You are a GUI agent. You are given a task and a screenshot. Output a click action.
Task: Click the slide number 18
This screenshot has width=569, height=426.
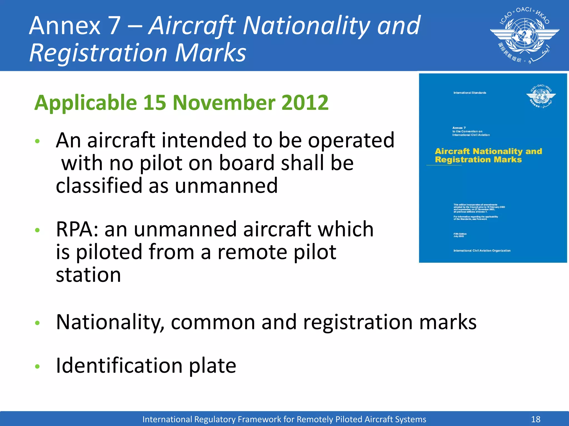click(536, 419)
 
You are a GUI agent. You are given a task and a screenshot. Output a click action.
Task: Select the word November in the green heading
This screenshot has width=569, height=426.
click(224, 103)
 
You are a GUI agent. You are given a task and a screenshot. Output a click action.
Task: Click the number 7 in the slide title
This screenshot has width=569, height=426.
click(114, 26)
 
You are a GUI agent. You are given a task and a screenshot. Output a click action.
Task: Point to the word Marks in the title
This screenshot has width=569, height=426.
click(211, 53)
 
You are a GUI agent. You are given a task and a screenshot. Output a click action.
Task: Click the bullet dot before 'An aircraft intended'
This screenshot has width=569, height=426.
click(38, 141)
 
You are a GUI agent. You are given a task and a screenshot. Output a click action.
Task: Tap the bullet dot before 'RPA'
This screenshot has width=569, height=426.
click(38, 230)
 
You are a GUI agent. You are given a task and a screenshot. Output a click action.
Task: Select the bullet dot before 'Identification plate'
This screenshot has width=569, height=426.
click(38, 367)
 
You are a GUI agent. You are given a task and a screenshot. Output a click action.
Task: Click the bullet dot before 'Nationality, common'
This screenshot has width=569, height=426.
click(38, 323)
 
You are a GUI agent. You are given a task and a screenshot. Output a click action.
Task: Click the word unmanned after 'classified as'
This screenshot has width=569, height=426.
click(226, 186)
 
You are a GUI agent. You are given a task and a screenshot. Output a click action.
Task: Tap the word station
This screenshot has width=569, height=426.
click(88, 275)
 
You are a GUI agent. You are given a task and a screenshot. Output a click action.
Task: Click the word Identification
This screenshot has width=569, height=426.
click(119, 366)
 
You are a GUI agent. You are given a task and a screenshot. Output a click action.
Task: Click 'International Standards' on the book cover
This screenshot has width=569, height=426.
click(470, 93)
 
